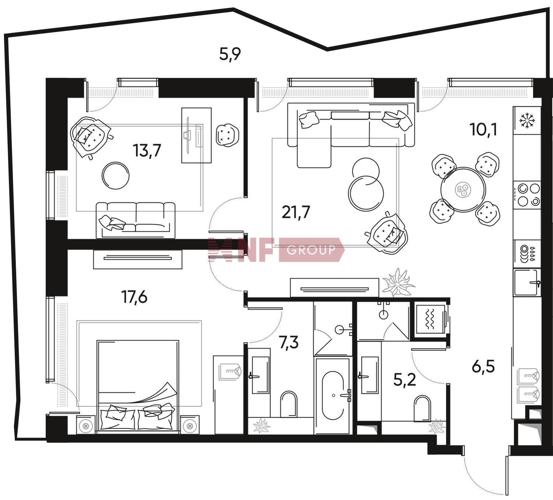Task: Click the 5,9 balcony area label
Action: (x=230, y=54)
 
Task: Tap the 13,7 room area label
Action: (x=147, y=151)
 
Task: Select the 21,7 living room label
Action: (x=296, y=212)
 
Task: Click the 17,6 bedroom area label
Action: (x=135, y=297)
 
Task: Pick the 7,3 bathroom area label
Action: (x=289, y=343)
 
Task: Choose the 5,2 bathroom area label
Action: (x=404, y=380)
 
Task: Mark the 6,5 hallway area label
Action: (x=483, y=367)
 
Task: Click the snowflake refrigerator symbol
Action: (x=527, y=121)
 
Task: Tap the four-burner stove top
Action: (x=527, y=195)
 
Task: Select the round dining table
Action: (x=463, y=190)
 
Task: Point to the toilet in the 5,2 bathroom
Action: (x=422, y=408)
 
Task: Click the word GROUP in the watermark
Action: (x=311, y=250)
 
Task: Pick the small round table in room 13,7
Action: (x=115, y=176)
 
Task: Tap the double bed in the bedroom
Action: (x=138, y=387)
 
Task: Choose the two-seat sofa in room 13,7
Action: (x=135, y=220)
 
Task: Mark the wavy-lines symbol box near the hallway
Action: (x=430, y=319)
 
